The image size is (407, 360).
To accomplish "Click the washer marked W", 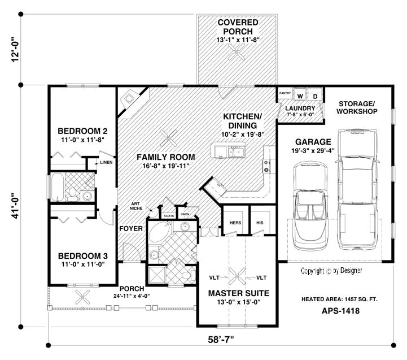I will click(x=300, y=96).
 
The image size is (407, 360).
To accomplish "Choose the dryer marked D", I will click(x=315, y=96).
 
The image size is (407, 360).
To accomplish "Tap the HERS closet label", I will click(x=235, y=223).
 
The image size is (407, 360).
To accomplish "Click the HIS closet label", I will click(x=260, y=223).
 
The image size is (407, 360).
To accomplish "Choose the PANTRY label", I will click(x=285, y=90).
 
